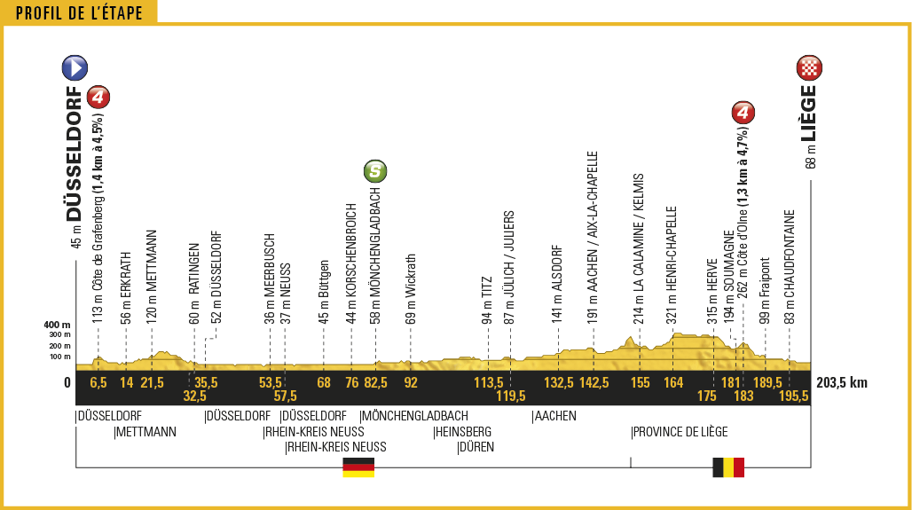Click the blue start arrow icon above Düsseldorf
point(75,67)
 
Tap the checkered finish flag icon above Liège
point(810,67)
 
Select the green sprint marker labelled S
point(375,170)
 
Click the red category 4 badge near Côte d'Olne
point(743,114)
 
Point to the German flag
point(358,467)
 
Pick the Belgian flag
point(727,467)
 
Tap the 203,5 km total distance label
point(840,383)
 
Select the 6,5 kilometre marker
point(98,383)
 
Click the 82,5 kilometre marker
point(375,383)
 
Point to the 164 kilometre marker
point(673,383)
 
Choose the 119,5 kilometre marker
point(511,396)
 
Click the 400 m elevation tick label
point(56,326)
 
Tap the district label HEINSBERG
point(462,432)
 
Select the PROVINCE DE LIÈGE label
point(680,432)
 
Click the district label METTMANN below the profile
point(146,432)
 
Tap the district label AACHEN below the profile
point(555,416)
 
